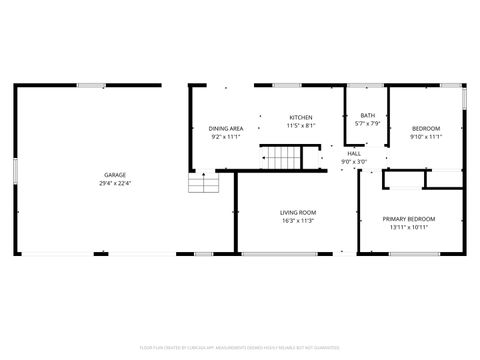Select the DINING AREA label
(226, 128)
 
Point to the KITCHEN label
(301, 117)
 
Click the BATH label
(368, 116)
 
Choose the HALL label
(354, 153)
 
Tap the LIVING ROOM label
(297, 212)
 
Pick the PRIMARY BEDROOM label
(409, 219)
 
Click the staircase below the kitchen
(281, 158)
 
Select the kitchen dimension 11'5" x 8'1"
(301, 125)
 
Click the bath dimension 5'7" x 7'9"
(368, 124)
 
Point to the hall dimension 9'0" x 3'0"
(354, 161)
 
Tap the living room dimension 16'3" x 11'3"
(297, 220)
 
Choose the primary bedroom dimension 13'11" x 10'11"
(409, 227)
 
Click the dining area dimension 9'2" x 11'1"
(226, 136)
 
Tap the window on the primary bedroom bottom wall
(414, 253)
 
